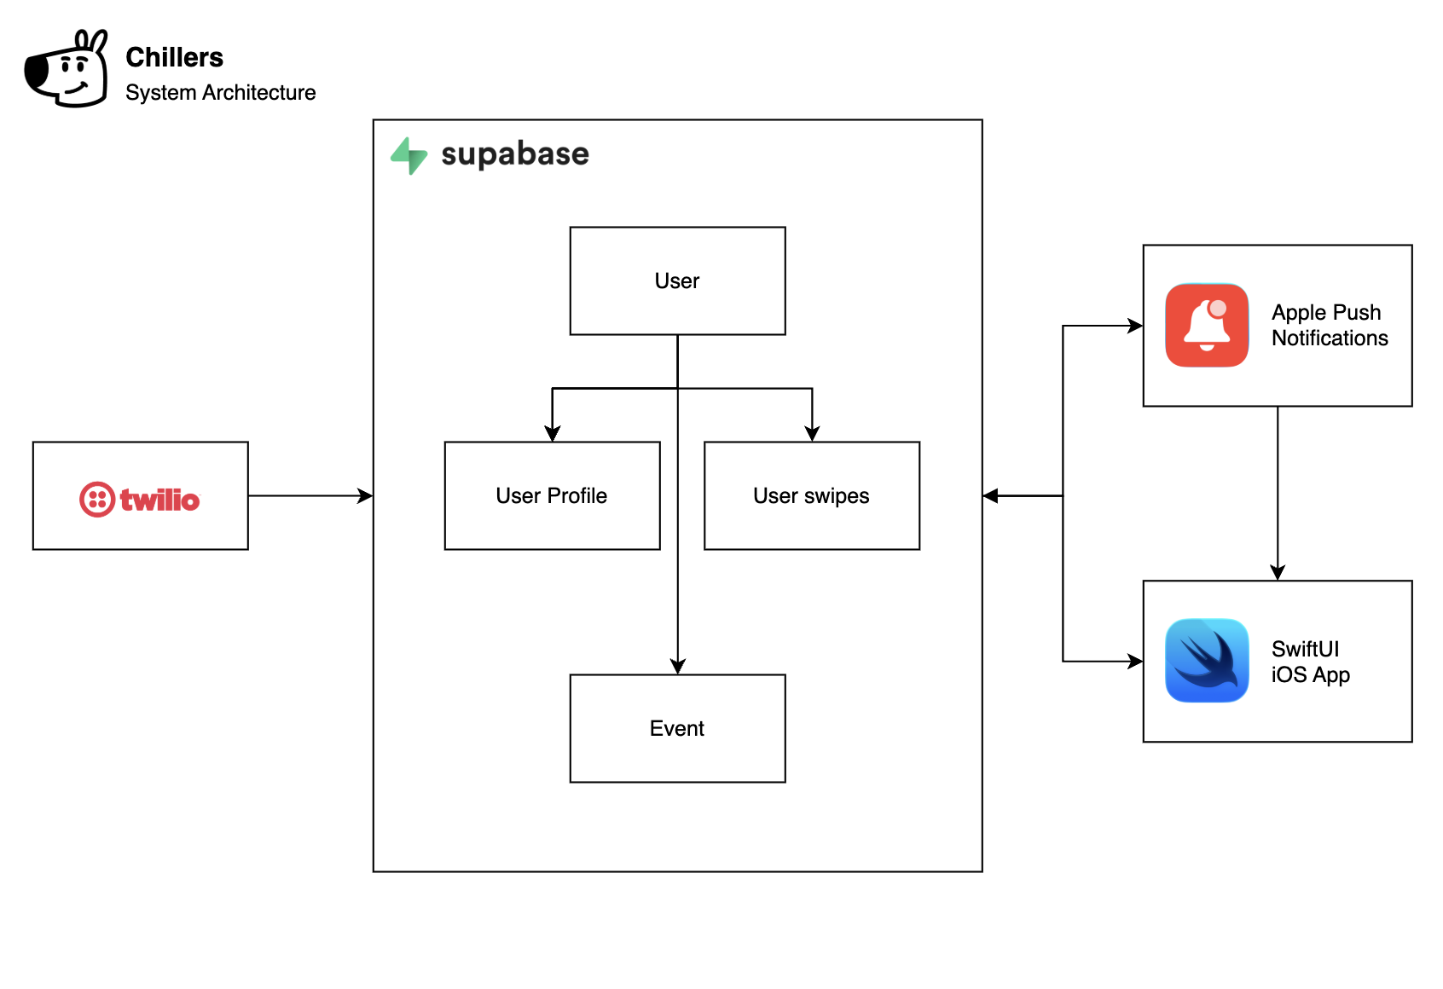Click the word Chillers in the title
(x=174, y=57)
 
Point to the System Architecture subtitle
(x=220, y=92)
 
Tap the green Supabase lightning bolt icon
(x=409, y=155)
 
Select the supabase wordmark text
(x=514, y=154)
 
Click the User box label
(x=677, y=281)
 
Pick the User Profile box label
(x=552, y=496)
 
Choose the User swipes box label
(x=811, y=496)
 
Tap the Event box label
(x=677, y=729)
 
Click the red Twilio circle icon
(x=97, y=500)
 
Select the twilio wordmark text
(x=159, y=500)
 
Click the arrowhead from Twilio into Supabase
(x=366, y=495)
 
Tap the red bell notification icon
(x=1207, y=326)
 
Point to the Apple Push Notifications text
(x=1330, y=326)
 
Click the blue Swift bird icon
(x=1207, y=661)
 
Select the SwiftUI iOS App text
(x=1310, y=662)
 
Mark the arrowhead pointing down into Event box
(x=678, y=667)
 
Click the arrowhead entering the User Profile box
(x=553, y=434)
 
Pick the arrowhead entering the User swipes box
(x=812, y=434)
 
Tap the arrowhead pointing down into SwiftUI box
(x=1278, y=573)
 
